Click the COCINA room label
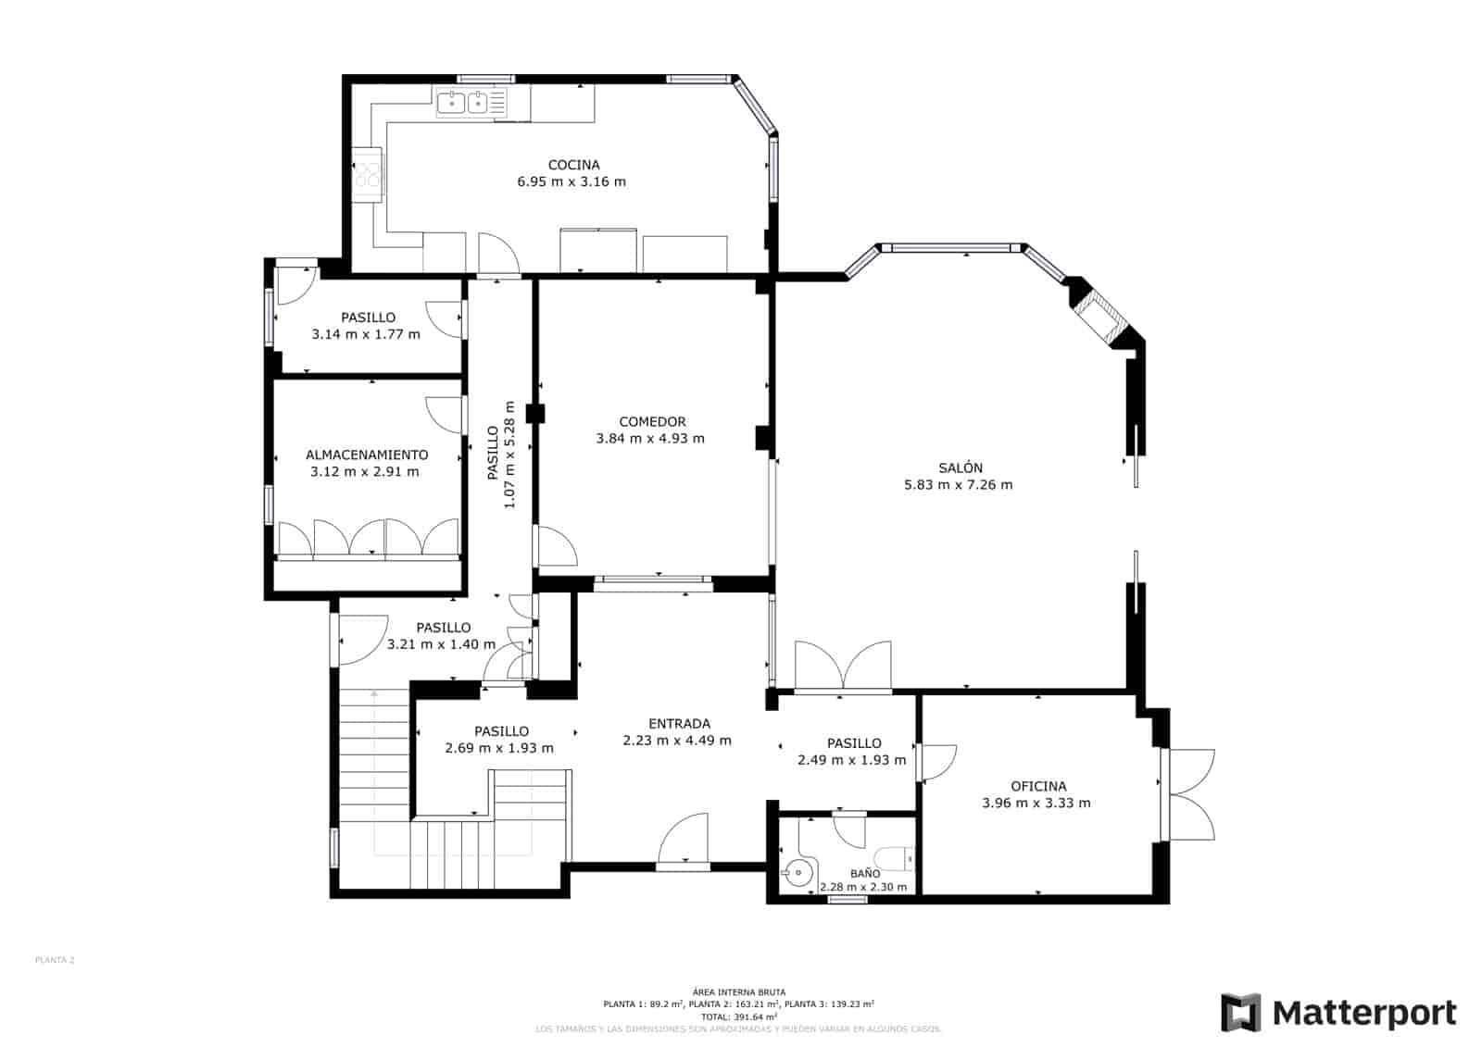pyautogui.click(x=573, y=165)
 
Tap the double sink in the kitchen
pyautogui.click(x=464, y=102)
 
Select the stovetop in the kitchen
pyautogui.click(x=368, y=174)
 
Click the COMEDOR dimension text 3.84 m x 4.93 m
pyautogui.click(x=650, y=439)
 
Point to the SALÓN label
pyautogui.click(x=960, y=468)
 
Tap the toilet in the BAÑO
pyautogui.click(x=893, y=859)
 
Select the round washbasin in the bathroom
pyautogui.click(x=797, y=871)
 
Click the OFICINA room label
pyautogui.click(x=1037, y=787)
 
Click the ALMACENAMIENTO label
pyautogui.click(x=367, y=455)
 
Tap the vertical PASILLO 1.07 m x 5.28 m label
pyautogui.click(x=500, y=454)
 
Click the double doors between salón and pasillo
pyautogui.click(x=843, y=667)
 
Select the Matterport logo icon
pyautogui.click(x=1240, y=1013)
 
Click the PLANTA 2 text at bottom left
pyautogui.click(x=55, y=960)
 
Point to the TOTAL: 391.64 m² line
pyautogui.click(x=738, y=1016)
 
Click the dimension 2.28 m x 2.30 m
pyautogui.click(x=863, y=888)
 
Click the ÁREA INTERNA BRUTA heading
pyautogui.click(x=738, y=992)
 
